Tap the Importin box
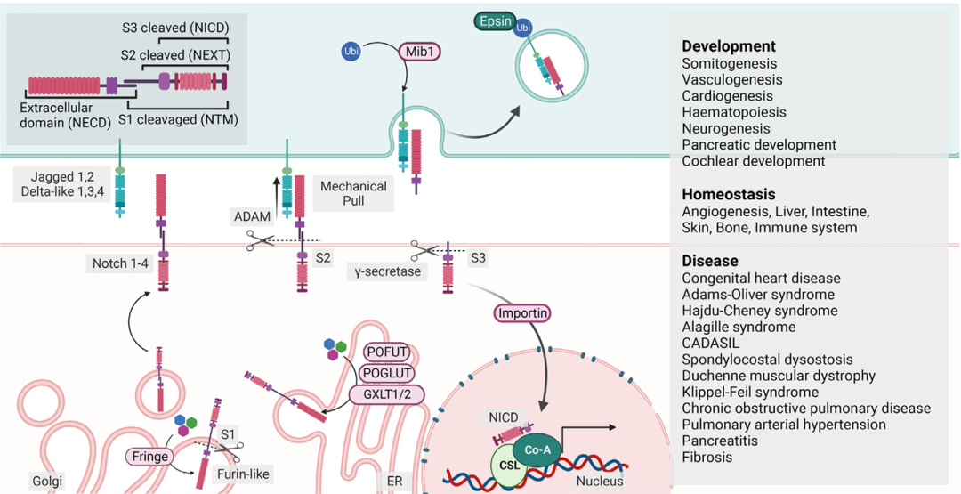tap(522, 312)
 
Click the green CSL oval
tap(510, 465)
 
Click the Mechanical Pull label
tap(353, 194)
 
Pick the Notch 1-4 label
tap(121, 263)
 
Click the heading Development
tap(729, 46)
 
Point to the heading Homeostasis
tap(729, 194)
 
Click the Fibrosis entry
tap(707, 457)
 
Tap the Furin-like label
tap(243, 474)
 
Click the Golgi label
tap(44, 481)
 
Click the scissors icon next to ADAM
tap(262, 239)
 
